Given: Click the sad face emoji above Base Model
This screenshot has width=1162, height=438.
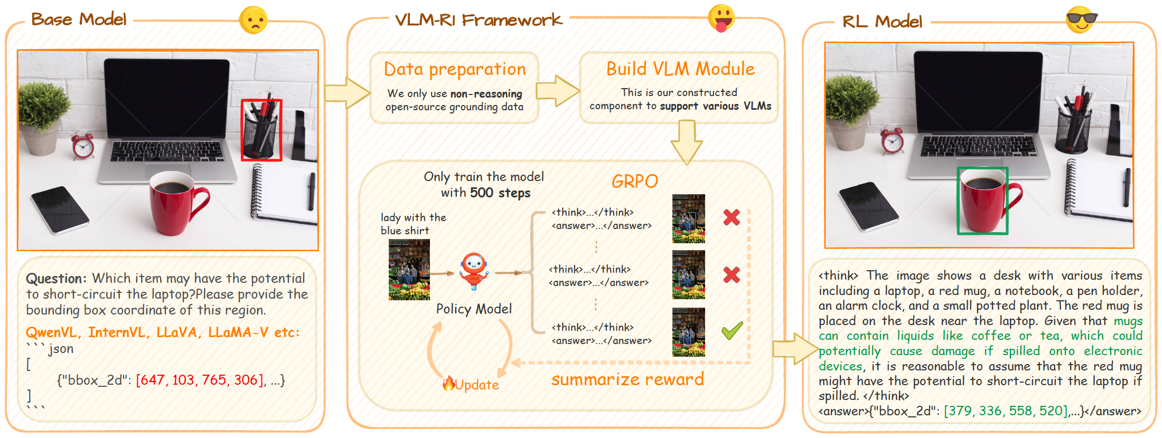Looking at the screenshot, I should (x=253, y=20).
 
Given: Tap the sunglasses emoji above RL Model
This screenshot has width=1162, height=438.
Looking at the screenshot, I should (x=1081, y=20).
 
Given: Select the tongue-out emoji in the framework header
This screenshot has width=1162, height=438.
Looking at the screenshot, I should (x=721, y=18).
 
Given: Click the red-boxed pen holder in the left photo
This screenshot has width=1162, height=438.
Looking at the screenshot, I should (x=261, y=130).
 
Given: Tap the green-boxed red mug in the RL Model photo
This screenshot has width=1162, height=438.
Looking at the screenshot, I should (x=982, y=201).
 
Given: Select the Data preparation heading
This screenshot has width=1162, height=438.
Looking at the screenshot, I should (x=454, y=69).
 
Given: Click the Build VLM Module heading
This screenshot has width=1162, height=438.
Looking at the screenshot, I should (x=680, y=69).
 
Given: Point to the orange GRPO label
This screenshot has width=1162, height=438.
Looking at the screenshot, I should (x=634, y=182).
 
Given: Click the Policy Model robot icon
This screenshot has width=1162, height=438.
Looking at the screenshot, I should (x=473, y=271).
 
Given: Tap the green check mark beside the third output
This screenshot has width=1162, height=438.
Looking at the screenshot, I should (x=732, y=331).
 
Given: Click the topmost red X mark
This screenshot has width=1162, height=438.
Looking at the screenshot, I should (x=732, y=217).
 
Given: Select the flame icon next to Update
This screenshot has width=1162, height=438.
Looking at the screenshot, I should (x=448, y=383).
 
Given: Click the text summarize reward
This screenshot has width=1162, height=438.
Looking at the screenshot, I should (x=627, y=379).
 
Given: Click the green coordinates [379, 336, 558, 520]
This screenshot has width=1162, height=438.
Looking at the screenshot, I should (x=1006, y=411).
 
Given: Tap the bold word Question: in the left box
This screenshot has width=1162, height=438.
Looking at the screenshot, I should (x=56, y=279).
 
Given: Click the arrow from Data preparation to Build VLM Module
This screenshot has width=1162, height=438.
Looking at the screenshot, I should (x=557, y=91).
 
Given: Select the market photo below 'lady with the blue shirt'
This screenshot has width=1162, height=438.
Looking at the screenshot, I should (x=409, y=270).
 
